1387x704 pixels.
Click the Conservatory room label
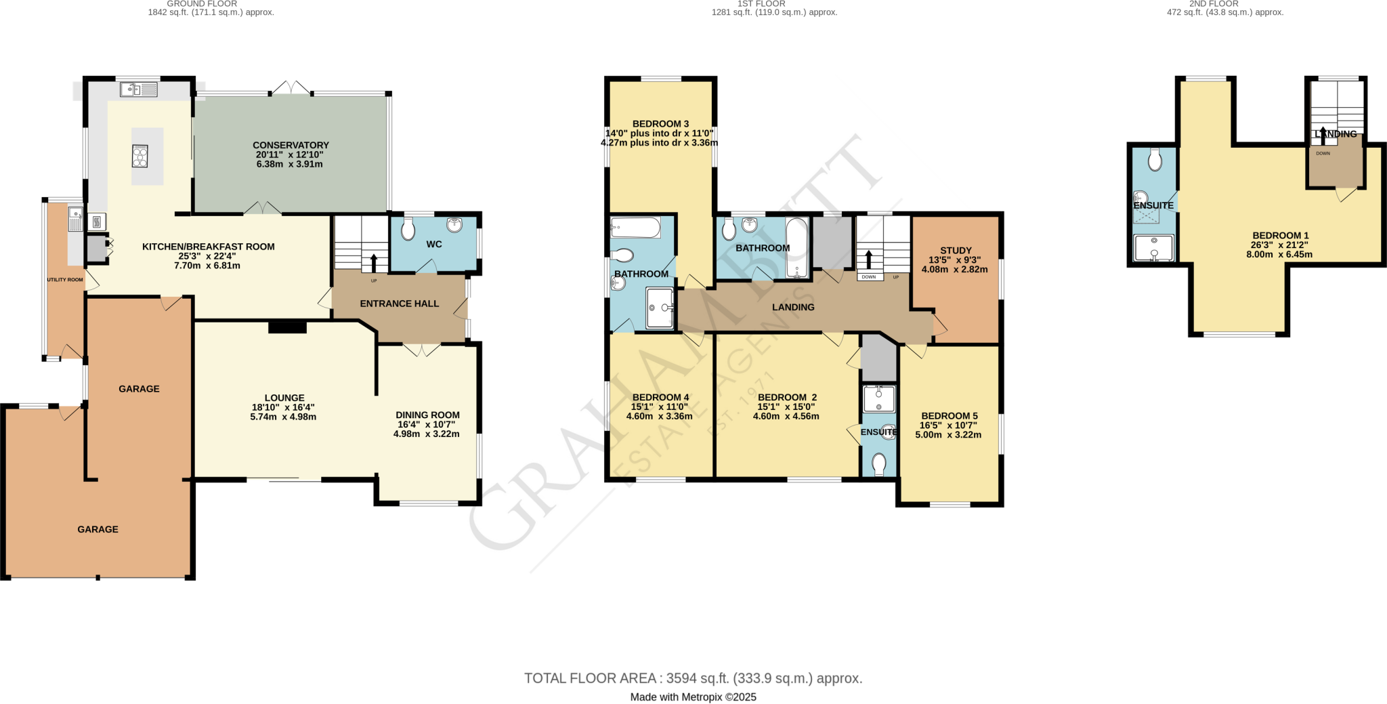(291, 145)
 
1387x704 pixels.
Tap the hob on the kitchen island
(140, 157)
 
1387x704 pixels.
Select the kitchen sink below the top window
(139, 89)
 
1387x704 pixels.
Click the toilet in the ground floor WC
(408, 229)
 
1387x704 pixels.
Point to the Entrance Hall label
(399, 304)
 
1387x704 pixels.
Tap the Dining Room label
(427, 415)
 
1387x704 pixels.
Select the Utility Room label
(65, 280)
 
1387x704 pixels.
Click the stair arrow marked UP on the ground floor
(373, 263)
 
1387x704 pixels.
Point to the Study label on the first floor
(956, 250)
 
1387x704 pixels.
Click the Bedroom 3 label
(660, 123)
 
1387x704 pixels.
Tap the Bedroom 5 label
(949, 415)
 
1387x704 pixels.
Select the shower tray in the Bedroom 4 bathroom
(660, 308)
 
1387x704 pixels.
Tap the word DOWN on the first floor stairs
(869, 277)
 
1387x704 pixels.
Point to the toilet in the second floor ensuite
(1155, 160)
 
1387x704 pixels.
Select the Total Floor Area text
(693, 678)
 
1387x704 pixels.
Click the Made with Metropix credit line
(693, 697)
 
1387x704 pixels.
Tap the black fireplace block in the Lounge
(287, 327)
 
